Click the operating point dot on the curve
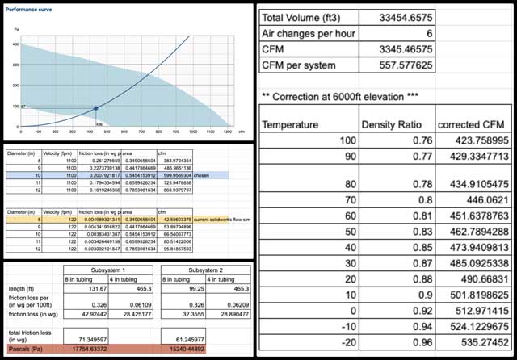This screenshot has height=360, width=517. coord(96,108)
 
